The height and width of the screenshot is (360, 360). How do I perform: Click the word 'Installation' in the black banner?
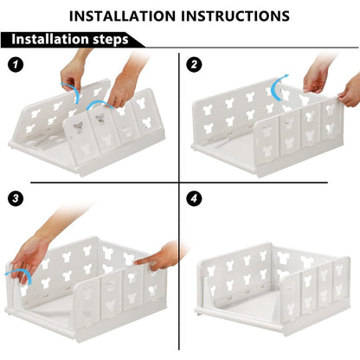[48, 40]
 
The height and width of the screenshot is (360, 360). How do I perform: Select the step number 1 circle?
[15, 65]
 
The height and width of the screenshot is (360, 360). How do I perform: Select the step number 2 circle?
[194, 65]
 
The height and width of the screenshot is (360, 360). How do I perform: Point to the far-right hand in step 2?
[348, 88]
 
